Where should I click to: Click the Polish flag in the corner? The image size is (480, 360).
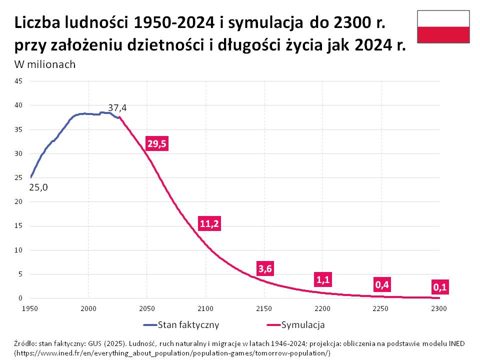443,27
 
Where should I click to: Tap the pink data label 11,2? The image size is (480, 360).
209,223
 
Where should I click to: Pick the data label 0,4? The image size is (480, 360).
382,285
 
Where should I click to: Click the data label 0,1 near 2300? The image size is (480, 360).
440,287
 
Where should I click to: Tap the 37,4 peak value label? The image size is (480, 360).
117,108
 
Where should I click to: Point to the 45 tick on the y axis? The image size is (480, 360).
19,81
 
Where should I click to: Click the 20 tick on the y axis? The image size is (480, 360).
19,201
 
